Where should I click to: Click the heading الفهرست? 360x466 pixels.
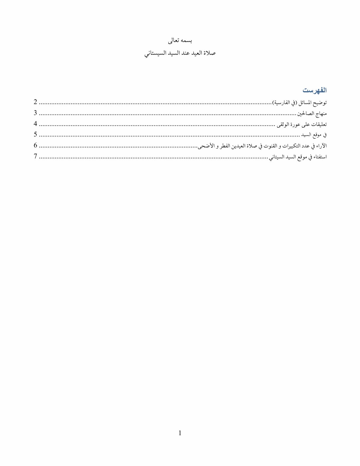[x=315, y=90]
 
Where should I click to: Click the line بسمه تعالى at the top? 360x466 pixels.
[x=180, y=41]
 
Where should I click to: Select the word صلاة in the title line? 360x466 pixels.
[x=210, y=53]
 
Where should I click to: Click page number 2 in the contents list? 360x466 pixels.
[x=36, y=102]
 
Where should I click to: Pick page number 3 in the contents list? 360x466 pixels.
[x=36, y=113]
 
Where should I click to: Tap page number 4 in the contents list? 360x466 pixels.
[x=36, y=124]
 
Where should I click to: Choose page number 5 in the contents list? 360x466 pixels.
[x=36, y=135]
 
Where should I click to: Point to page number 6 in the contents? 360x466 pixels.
[x=36, y=145]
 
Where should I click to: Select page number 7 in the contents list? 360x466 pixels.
[x=36, y=156]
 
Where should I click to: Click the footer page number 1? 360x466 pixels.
[x=180, y=433]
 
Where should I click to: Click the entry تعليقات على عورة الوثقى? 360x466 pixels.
[x=302, y=124]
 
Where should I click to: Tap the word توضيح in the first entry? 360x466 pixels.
[x=320, y=103]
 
